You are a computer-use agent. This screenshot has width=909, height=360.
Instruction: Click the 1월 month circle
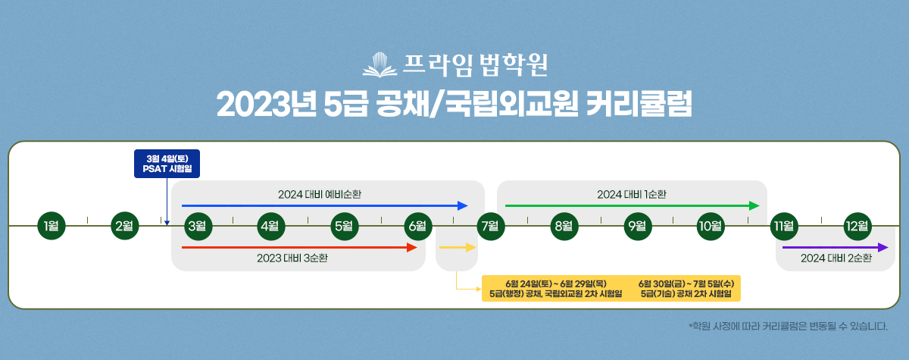tap(52, 226)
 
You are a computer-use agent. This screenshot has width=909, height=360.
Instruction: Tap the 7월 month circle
tap(491, 226)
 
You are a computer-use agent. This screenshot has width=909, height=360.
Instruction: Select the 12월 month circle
tap(857, 226)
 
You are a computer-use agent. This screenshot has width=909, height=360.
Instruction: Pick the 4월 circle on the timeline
tap(270, 226)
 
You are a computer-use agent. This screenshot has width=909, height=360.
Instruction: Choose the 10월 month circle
tap(711, 226)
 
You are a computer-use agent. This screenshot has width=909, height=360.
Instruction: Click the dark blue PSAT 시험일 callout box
tap(167, 164)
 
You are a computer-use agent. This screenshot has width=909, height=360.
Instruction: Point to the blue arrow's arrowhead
tap(463, 206)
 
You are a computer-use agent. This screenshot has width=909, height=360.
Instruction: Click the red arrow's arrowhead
tap(412, 247)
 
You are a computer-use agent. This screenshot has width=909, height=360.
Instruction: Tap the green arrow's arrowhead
tap(754, 206)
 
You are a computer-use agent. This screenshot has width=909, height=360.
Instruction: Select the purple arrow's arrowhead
tap(883, 247)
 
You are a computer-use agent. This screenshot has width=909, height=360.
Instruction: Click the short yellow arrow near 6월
tap(458, 247)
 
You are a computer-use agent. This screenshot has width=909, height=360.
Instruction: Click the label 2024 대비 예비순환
tap(320, 195)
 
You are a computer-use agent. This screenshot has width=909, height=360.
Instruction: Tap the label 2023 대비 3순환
tap(292, 258)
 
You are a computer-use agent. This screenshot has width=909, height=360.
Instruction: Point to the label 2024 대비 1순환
tap(632, 195)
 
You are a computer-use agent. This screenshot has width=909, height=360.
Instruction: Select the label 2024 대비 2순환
tap(836, 258)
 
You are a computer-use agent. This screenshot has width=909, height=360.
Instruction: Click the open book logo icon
tap(380, 65)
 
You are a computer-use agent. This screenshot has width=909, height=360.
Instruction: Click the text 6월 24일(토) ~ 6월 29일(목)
tap(556, 283)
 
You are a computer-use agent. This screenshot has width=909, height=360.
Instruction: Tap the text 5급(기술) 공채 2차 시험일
tap(686, 293)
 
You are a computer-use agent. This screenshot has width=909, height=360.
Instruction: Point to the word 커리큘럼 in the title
tap(639, 104)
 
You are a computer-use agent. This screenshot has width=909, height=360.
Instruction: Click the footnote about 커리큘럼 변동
tap(788, 326)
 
